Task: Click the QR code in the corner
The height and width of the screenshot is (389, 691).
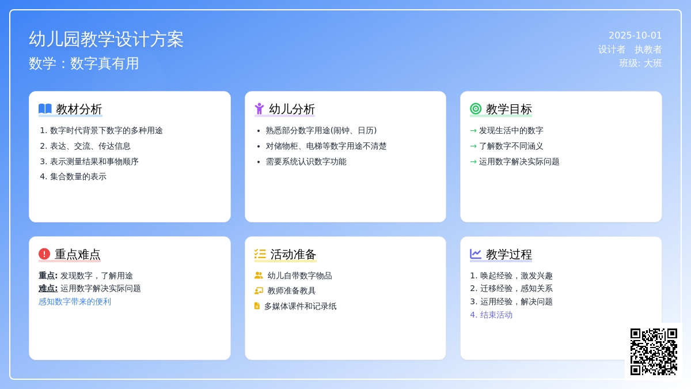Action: [x=654, y=352]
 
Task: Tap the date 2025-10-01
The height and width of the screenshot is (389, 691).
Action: [x=635, y=36]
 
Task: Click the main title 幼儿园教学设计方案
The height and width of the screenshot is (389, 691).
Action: [x=106, y=39]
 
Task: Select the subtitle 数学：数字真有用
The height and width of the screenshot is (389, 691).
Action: [x=83, y=63]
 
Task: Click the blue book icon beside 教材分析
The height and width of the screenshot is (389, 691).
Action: [x=45, y=109]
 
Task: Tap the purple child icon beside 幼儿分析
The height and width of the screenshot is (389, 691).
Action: [x=260, y=109]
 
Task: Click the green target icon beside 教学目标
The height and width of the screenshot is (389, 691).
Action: [x=476, y=109]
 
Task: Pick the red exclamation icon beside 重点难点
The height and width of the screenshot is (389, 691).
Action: [x=44, y=254]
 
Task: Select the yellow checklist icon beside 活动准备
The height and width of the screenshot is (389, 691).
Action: [x=260, y=254]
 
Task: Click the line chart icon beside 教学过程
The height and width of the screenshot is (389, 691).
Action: [x=476, y=254]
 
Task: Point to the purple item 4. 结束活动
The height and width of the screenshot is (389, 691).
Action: [x=491, y=315]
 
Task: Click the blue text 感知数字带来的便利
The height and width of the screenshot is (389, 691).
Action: [x=75, y=301]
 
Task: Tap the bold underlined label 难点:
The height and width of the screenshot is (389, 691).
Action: [x=48, y=288]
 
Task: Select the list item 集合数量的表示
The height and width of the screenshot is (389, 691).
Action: [x=78, y=176]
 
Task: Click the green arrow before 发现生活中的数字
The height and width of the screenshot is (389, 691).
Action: [x=473, y=131]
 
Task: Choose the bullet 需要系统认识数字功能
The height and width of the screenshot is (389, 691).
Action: [x=306, y=161]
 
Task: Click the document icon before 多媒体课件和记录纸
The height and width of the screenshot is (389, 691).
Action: [x=257, y=305]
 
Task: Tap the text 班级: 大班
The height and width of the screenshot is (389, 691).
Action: [x=640, y=63]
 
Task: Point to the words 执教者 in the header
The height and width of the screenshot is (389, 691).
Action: [x=648, y=50]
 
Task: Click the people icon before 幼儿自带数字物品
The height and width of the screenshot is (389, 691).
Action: [x=259, y=275]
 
